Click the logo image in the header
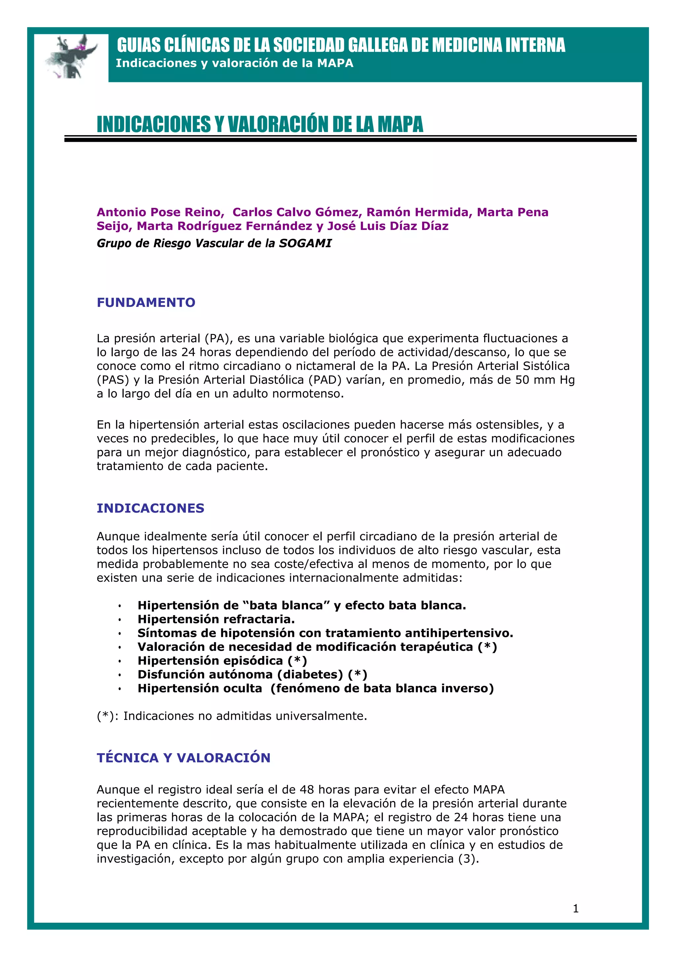72,57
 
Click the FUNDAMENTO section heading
146,302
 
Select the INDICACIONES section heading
151,508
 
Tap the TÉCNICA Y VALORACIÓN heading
183,757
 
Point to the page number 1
576,909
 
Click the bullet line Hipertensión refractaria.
216,619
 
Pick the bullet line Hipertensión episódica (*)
222,661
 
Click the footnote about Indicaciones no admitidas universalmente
232,716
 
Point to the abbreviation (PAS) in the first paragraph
113,380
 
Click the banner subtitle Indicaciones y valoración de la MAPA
234,63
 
